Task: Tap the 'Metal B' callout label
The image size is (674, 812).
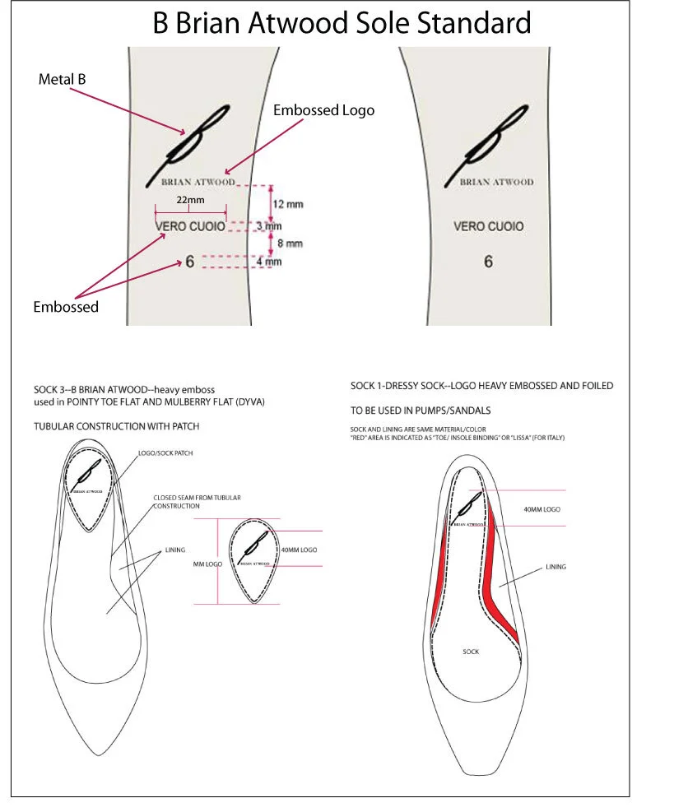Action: pyautogui.click(x=62, y=80)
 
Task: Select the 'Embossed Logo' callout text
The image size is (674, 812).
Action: pyautogui.click(x=323, y=110)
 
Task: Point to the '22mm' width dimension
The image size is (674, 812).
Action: pyautogui.click(x=190, y=200)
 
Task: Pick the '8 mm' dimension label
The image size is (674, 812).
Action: pyautogui.click(x=290, y=243)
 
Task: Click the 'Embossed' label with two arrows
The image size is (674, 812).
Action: pyautogui.click(x=66, y=307)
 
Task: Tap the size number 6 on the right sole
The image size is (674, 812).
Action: pyautogui.click(x=488, y=262)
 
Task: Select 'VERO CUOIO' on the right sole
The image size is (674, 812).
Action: pyautogui.click(x=488, y=225)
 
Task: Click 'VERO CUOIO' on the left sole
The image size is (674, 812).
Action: pyautogui.click(x=190, y=225)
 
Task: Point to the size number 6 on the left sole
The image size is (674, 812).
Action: pyautogui.click(x=190, y=262)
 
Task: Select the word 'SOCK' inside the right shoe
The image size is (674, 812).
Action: pyautogui.click(x=471, y=652)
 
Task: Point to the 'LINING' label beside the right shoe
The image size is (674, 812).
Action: pyautogui.click(x=555, y=567)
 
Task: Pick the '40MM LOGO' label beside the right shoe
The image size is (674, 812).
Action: pyautogui.click(x=542, y=510)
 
